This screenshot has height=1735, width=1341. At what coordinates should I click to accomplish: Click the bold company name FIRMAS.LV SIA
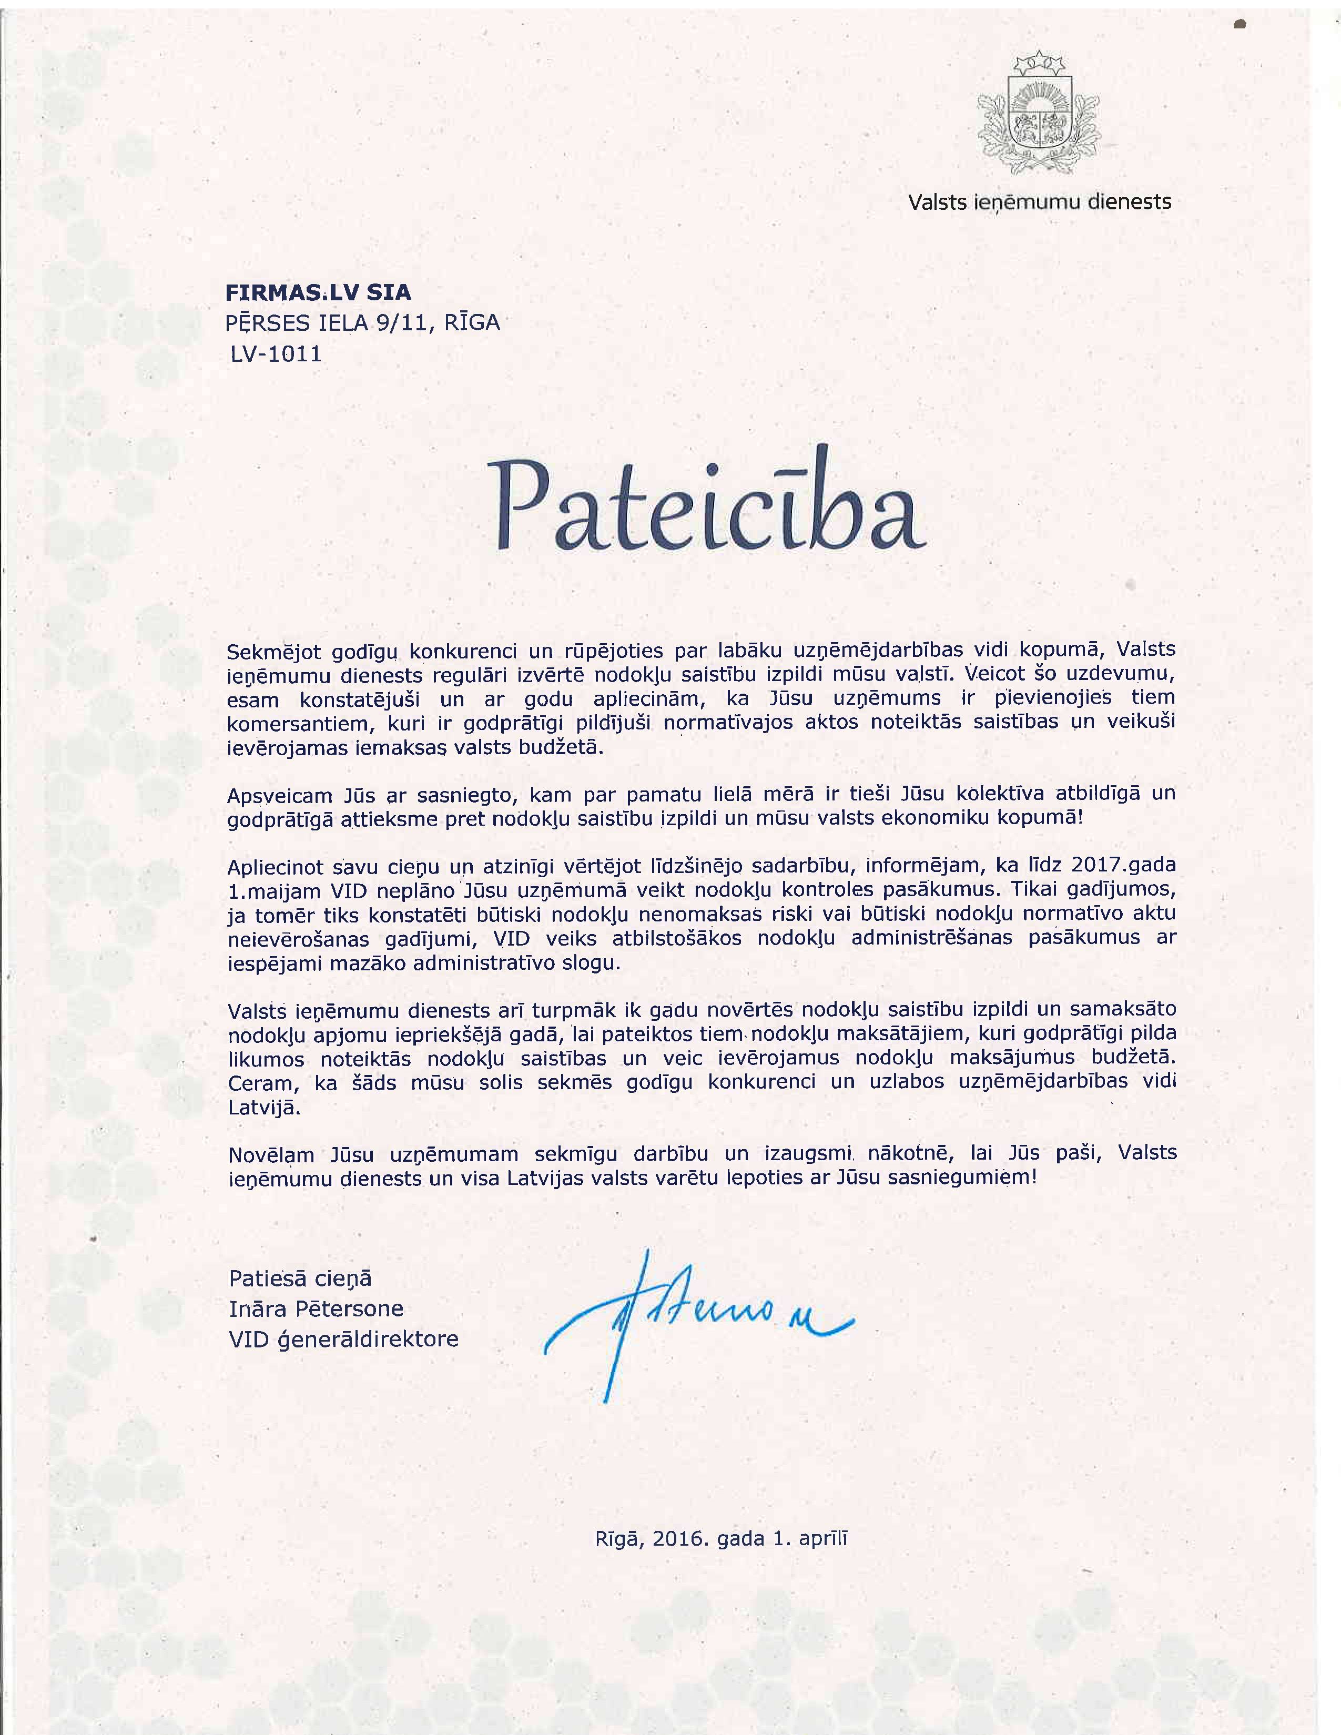(319, 292)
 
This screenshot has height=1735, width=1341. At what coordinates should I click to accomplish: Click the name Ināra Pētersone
(316, 1308)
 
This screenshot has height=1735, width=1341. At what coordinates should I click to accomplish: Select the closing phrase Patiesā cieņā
(300, 1278)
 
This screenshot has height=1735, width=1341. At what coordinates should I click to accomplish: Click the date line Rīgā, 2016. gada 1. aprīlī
(722, 1539)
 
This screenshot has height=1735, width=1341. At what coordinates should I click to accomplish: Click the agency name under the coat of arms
(1039, 202)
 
